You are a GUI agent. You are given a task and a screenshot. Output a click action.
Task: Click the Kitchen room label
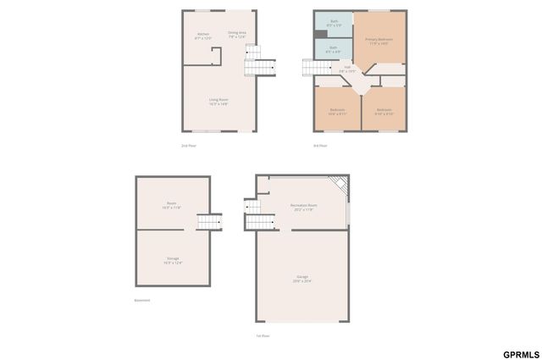click(x=203, y=36)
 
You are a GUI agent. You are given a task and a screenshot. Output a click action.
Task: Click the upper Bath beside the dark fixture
click(x=334, y=21)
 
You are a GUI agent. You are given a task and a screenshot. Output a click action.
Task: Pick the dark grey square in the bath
click(x=320, y=34)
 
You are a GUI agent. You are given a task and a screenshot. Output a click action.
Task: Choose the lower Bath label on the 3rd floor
click(x=334, y=50)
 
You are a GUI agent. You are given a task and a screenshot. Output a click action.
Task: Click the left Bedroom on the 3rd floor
click(x=337, y=111)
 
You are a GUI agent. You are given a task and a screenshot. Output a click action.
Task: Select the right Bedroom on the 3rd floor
click(x=384, y=111)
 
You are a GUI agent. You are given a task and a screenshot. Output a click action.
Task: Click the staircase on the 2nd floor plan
click(x=261, y=66)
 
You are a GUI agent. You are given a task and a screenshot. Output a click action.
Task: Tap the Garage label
click(x=302, y=279)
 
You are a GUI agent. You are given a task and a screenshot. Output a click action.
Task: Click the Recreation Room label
click(x=302, y=208)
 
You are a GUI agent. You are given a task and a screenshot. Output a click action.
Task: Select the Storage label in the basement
click(x=173, y=260)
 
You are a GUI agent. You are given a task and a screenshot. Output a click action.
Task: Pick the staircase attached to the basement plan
click(x=209, y=222)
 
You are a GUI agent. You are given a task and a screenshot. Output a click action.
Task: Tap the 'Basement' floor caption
click(x=142, y=300)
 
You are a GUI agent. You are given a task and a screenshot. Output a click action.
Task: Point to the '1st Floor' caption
click(x=263, y=335)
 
